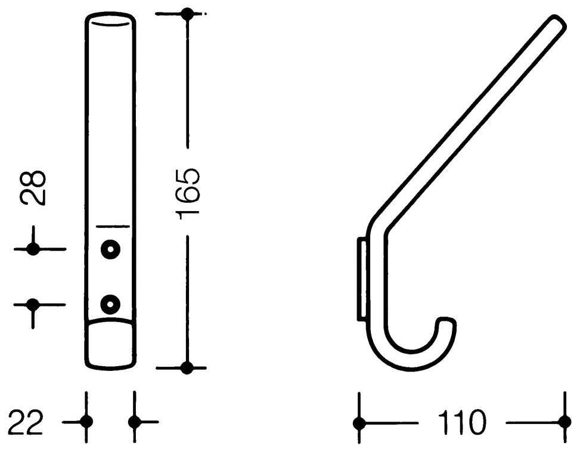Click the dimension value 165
(x=188, y=194)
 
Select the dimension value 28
(x=33, y=187)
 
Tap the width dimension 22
(x=26, y=422)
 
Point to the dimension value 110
(x=461, y=422)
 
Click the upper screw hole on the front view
(x=110, y=249)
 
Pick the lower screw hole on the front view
(x=110, y=304)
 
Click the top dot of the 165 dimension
(x=188, y=14)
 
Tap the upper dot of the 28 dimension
(x=33, y=249)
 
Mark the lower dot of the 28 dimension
(x=33, y=305)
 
